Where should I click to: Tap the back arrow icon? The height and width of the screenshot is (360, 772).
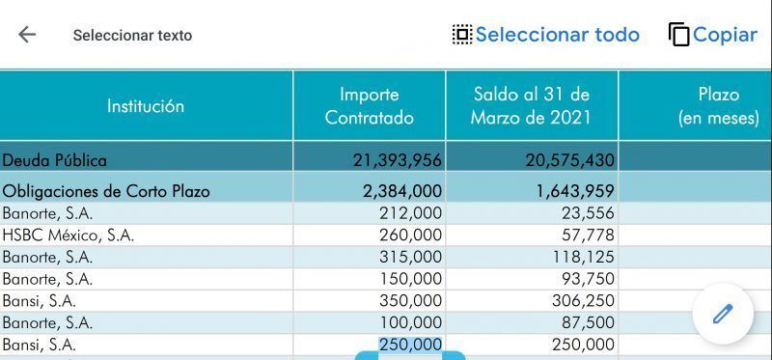27,35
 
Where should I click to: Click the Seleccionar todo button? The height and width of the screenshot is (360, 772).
546,35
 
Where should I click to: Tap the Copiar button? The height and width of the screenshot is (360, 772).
713,35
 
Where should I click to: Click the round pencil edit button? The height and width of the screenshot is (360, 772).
723,314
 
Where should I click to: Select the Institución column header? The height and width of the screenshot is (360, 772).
146,106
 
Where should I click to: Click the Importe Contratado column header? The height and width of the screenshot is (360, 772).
370,106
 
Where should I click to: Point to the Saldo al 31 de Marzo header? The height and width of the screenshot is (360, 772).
532,106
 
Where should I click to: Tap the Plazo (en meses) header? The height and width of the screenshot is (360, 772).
719,106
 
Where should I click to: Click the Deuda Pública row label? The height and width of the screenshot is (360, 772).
55,160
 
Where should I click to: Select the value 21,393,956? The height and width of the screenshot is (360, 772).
398,160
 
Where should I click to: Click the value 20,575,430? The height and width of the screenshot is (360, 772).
569,160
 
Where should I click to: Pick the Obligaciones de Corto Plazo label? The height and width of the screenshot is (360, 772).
106,190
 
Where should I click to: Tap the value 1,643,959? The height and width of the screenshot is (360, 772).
575,190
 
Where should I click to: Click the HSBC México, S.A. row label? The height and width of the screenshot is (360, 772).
69,235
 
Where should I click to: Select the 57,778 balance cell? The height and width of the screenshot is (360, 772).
589,235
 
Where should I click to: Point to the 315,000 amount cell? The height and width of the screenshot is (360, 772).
411,257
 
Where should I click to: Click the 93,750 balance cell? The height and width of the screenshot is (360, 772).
589,279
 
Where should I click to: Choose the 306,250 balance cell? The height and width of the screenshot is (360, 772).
584,300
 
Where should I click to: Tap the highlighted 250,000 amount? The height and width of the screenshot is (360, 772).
411,345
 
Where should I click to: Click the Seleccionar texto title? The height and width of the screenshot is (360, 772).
132,36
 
